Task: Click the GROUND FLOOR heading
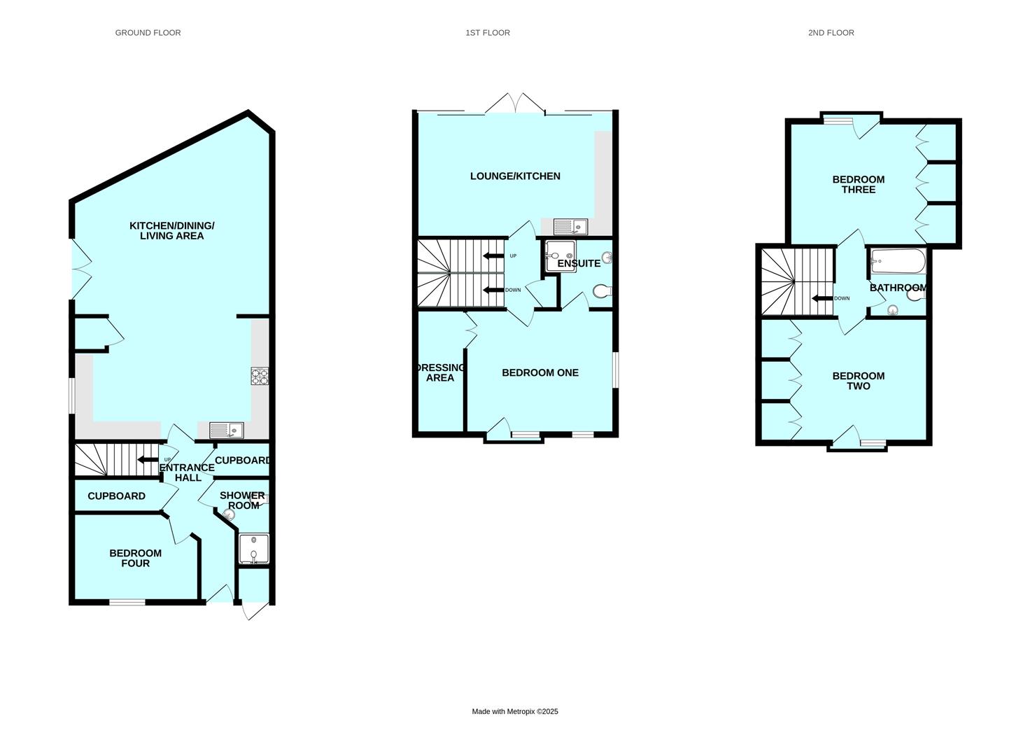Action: click(x=148, y=33)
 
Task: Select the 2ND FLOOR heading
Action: click(x=831, y=33)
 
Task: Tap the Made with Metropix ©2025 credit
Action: click(x=515, y=712)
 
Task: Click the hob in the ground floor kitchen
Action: click(x=260, y=377)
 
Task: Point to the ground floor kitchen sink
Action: click(x=226, y=430)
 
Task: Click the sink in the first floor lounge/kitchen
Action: click(x=570, y=227)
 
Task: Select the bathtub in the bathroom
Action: click(x=898, y=263)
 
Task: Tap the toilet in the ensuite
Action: click(x=602, y=291)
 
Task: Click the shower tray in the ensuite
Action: click(x=558, y=255)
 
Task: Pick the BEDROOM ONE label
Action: click(x=540, y=373)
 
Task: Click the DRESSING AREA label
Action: click(x=440, y=373)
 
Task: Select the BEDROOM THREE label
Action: click(x=858, y=185)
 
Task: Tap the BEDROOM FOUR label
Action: click(x=135, y=558)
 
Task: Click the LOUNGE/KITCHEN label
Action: click(x=515, y=176)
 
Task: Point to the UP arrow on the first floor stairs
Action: click(x=493, y=256)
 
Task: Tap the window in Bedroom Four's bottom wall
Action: click(x=127, y=602)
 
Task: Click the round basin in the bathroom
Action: click(x=892, y=310)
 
